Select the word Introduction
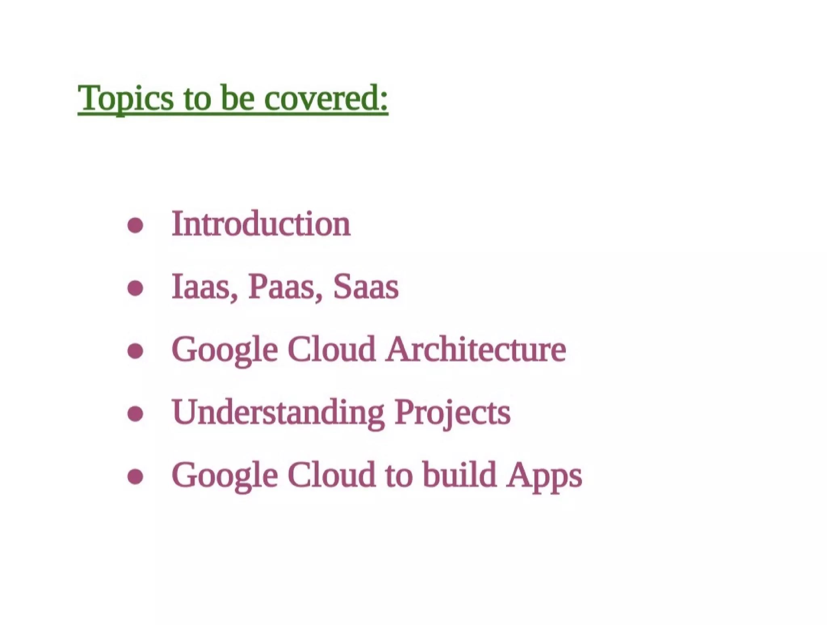(261, 224)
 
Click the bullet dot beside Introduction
(135, 225)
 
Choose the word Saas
(366, 286)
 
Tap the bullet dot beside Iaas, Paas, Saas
(135, 288)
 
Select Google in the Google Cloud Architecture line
(225, 350)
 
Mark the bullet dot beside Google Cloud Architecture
(135, 351)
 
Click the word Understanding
(278, 412)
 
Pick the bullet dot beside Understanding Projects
(135, 413)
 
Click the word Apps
(544, 475)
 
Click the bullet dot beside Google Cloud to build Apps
(135, 476)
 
